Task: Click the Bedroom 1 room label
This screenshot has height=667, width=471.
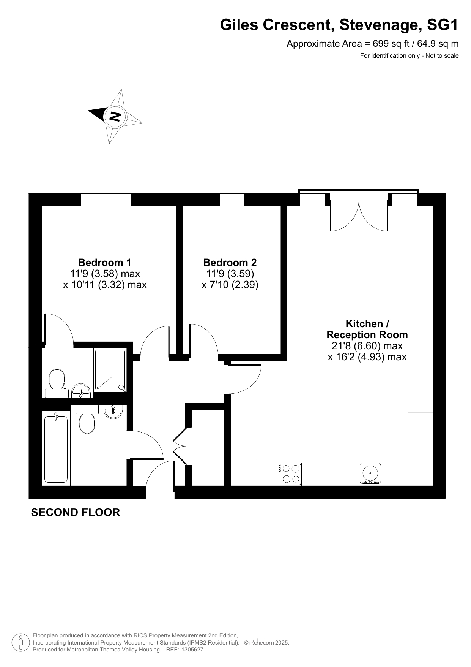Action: [x=105, y=262]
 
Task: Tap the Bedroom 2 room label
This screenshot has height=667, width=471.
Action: [x=230, y=262]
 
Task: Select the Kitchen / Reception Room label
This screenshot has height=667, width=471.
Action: [x=367, y=329]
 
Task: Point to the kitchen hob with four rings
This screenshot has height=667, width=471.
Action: [x=290, y=474]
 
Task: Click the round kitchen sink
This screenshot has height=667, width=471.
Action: [x=370, y=474]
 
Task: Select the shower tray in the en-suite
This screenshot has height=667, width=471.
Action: [x=110, y=370]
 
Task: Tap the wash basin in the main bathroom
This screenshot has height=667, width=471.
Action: [x=113, y=412]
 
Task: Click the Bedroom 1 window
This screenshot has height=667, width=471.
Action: [x=106, y=200]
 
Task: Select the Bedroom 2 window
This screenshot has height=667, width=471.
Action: [x=232, y=200]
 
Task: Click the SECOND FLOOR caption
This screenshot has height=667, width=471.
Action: [x=76, y=512]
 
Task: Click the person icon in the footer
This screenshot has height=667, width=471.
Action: [x=20, y=642]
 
